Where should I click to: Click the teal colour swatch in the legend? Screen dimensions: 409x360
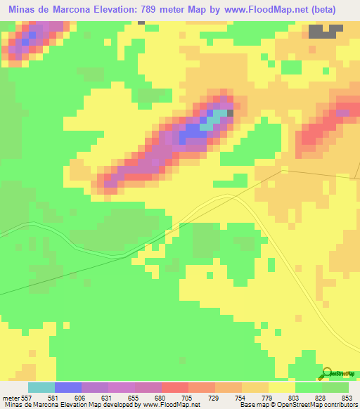tap(41, 387)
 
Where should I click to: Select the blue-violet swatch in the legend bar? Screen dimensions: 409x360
tap(68, 387)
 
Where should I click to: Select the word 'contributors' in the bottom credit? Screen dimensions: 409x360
tap(339, 404)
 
